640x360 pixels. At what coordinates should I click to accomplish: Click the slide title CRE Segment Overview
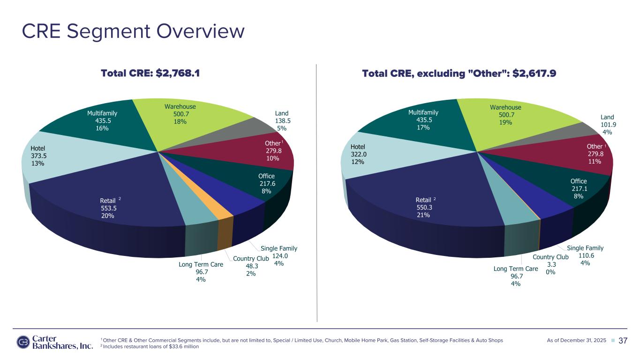133,31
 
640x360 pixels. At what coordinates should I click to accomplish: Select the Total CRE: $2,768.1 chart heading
151,74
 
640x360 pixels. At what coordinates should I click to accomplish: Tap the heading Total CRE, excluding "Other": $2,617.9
459,74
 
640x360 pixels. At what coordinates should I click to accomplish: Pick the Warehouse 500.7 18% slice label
180,114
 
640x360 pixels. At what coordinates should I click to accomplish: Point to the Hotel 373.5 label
38,156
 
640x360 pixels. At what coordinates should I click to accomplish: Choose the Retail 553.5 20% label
109,208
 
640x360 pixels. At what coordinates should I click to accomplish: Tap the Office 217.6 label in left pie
267,183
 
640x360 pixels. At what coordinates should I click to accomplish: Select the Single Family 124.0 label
279,256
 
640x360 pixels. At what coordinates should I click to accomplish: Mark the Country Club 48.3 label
251,266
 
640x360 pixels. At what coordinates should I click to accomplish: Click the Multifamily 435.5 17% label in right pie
423,120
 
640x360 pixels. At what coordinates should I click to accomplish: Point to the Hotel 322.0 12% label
358,154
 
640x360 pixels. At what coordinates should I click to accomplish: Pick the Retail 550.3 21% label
424,207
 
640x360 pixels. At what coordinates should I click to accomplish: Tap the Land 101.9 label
608,125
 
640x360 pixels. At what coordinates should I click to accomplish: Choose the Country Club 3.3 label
550,264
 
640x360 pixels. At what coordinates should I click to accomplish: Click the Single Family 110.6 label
586,255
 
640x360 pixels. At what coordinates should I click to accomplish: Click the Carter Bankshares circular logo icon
23,342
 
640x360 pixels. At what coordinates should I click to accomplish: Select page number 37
623,341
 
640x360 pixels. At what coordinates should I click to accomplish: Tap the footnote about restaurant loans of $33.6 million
150,346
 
